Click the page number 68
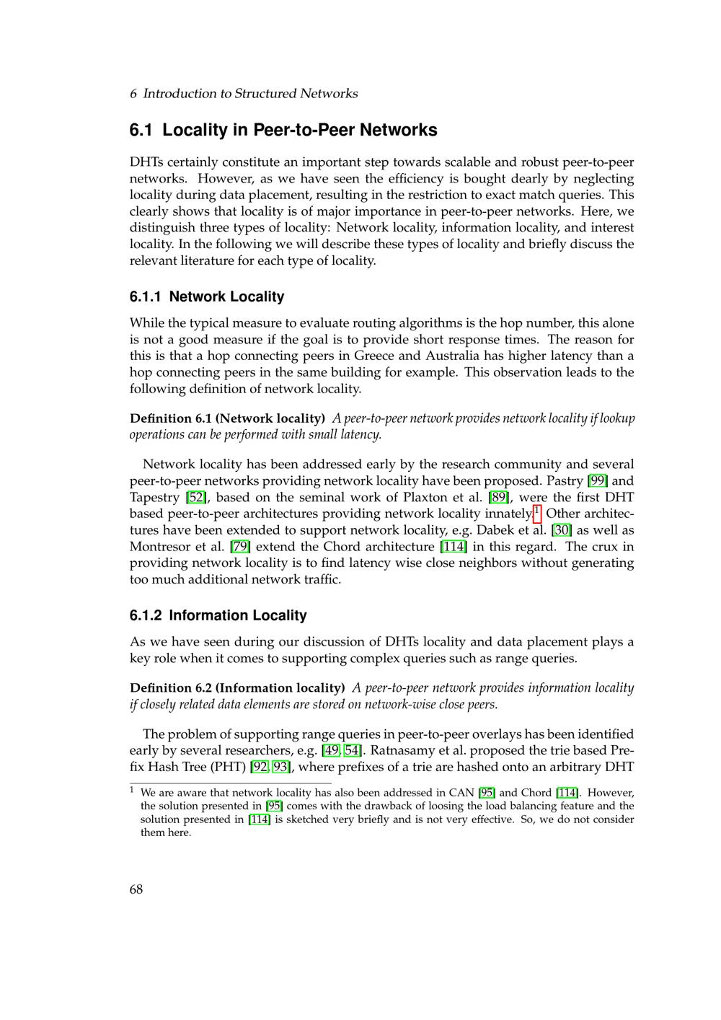tap(136, 889)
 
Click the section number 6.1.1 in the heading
tap(146, 296)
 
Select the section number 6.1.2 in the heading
tap(146, 615)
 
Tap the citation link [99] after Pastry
tap(598, 481)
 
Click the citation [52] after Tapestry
tap(196, 498)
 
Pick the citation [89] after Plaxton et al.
tap(499, 498)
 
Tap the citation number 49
tap(332, 751)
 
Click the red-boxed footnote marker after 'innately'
tap(536, 513)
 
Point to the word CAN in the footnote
tap(462, 793)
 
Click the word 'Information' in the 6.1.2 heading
tap(207, 615)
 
